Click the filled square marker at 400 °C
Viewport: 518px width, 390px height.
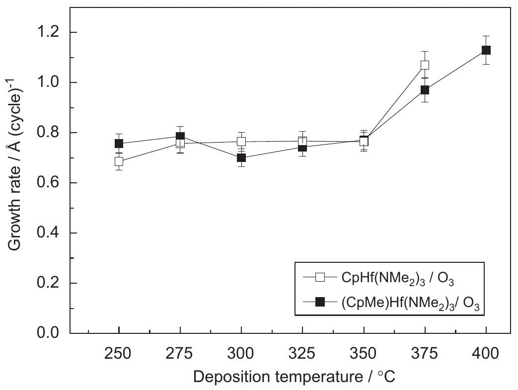(486, 50)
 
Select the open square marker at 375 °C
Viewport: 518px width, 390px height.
(425, 65)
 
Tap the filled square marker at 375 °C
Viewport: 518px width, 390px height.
(425, 90)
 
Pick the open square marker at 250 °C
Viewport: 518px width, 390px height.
(119, 161)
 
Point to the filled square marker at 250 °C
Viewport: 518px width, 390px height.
(119, 144)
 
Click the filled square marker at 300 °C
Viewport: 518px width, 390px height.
(241, 157)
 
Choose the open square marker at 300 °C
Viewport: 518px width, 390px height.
(241, 142)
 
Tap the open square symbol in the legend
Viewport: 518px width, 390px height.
(320, 278)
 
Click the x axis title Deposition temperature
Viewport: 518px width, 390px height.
(294, 377)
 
